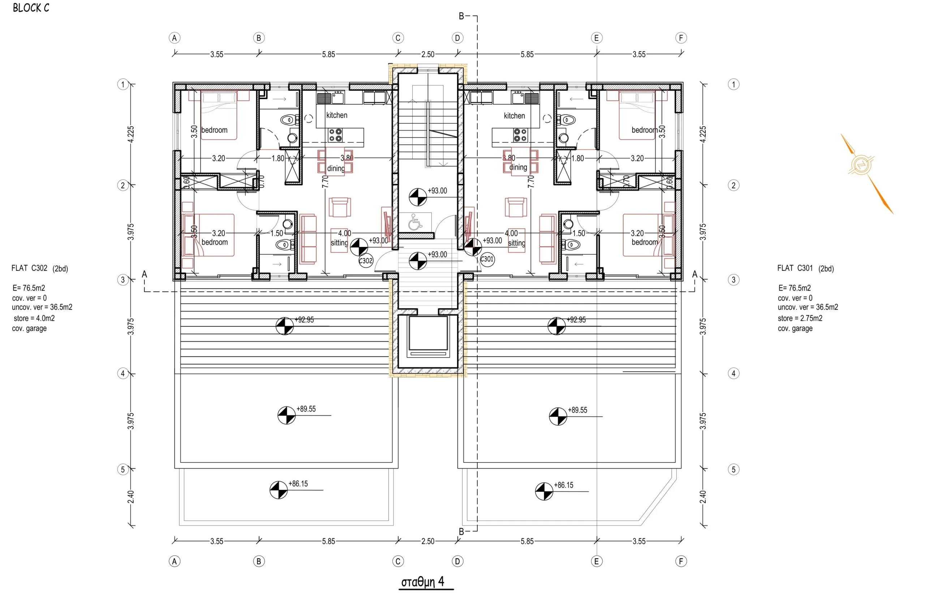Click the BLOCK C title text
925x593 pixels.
[x=31, y=8]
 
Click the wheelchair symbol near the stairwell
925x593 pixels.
[x=415, y=222]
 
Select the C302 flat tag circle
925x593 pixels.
[x=366, y=261]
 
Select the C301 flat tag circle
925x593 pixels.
[x=487, y=259]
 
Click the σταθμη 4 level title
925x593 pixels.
[x=423, y=581]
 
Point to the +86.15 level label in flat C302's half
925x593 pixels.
[x=298, y=484]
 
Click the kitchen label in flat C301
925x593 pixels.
[x=514, y=115]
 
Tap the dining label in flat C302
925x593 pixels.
[x=336, y=168]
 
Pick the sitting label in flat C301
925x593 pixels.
[x=516, y=243]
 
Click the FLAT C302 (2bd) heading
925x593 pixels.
[x=40, y=268]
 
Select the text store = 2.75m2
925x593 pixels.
[x=800, y=318]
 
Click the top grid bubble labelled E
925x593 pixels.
[x=597, y=38]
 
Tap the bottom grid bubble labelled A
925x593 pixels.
[x=174, y=562]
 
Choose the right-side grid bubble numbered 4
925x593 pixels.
[x=733, y=373]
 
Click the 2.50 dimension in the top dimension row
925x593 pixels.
[x=428, y=54]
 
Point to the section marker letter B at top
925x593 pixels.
[x=461, y=16]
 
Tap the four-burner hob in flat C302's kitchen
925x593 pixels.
[x=335, y=135]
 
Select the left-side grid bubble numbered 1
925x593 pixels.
[x=123, y=84]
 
